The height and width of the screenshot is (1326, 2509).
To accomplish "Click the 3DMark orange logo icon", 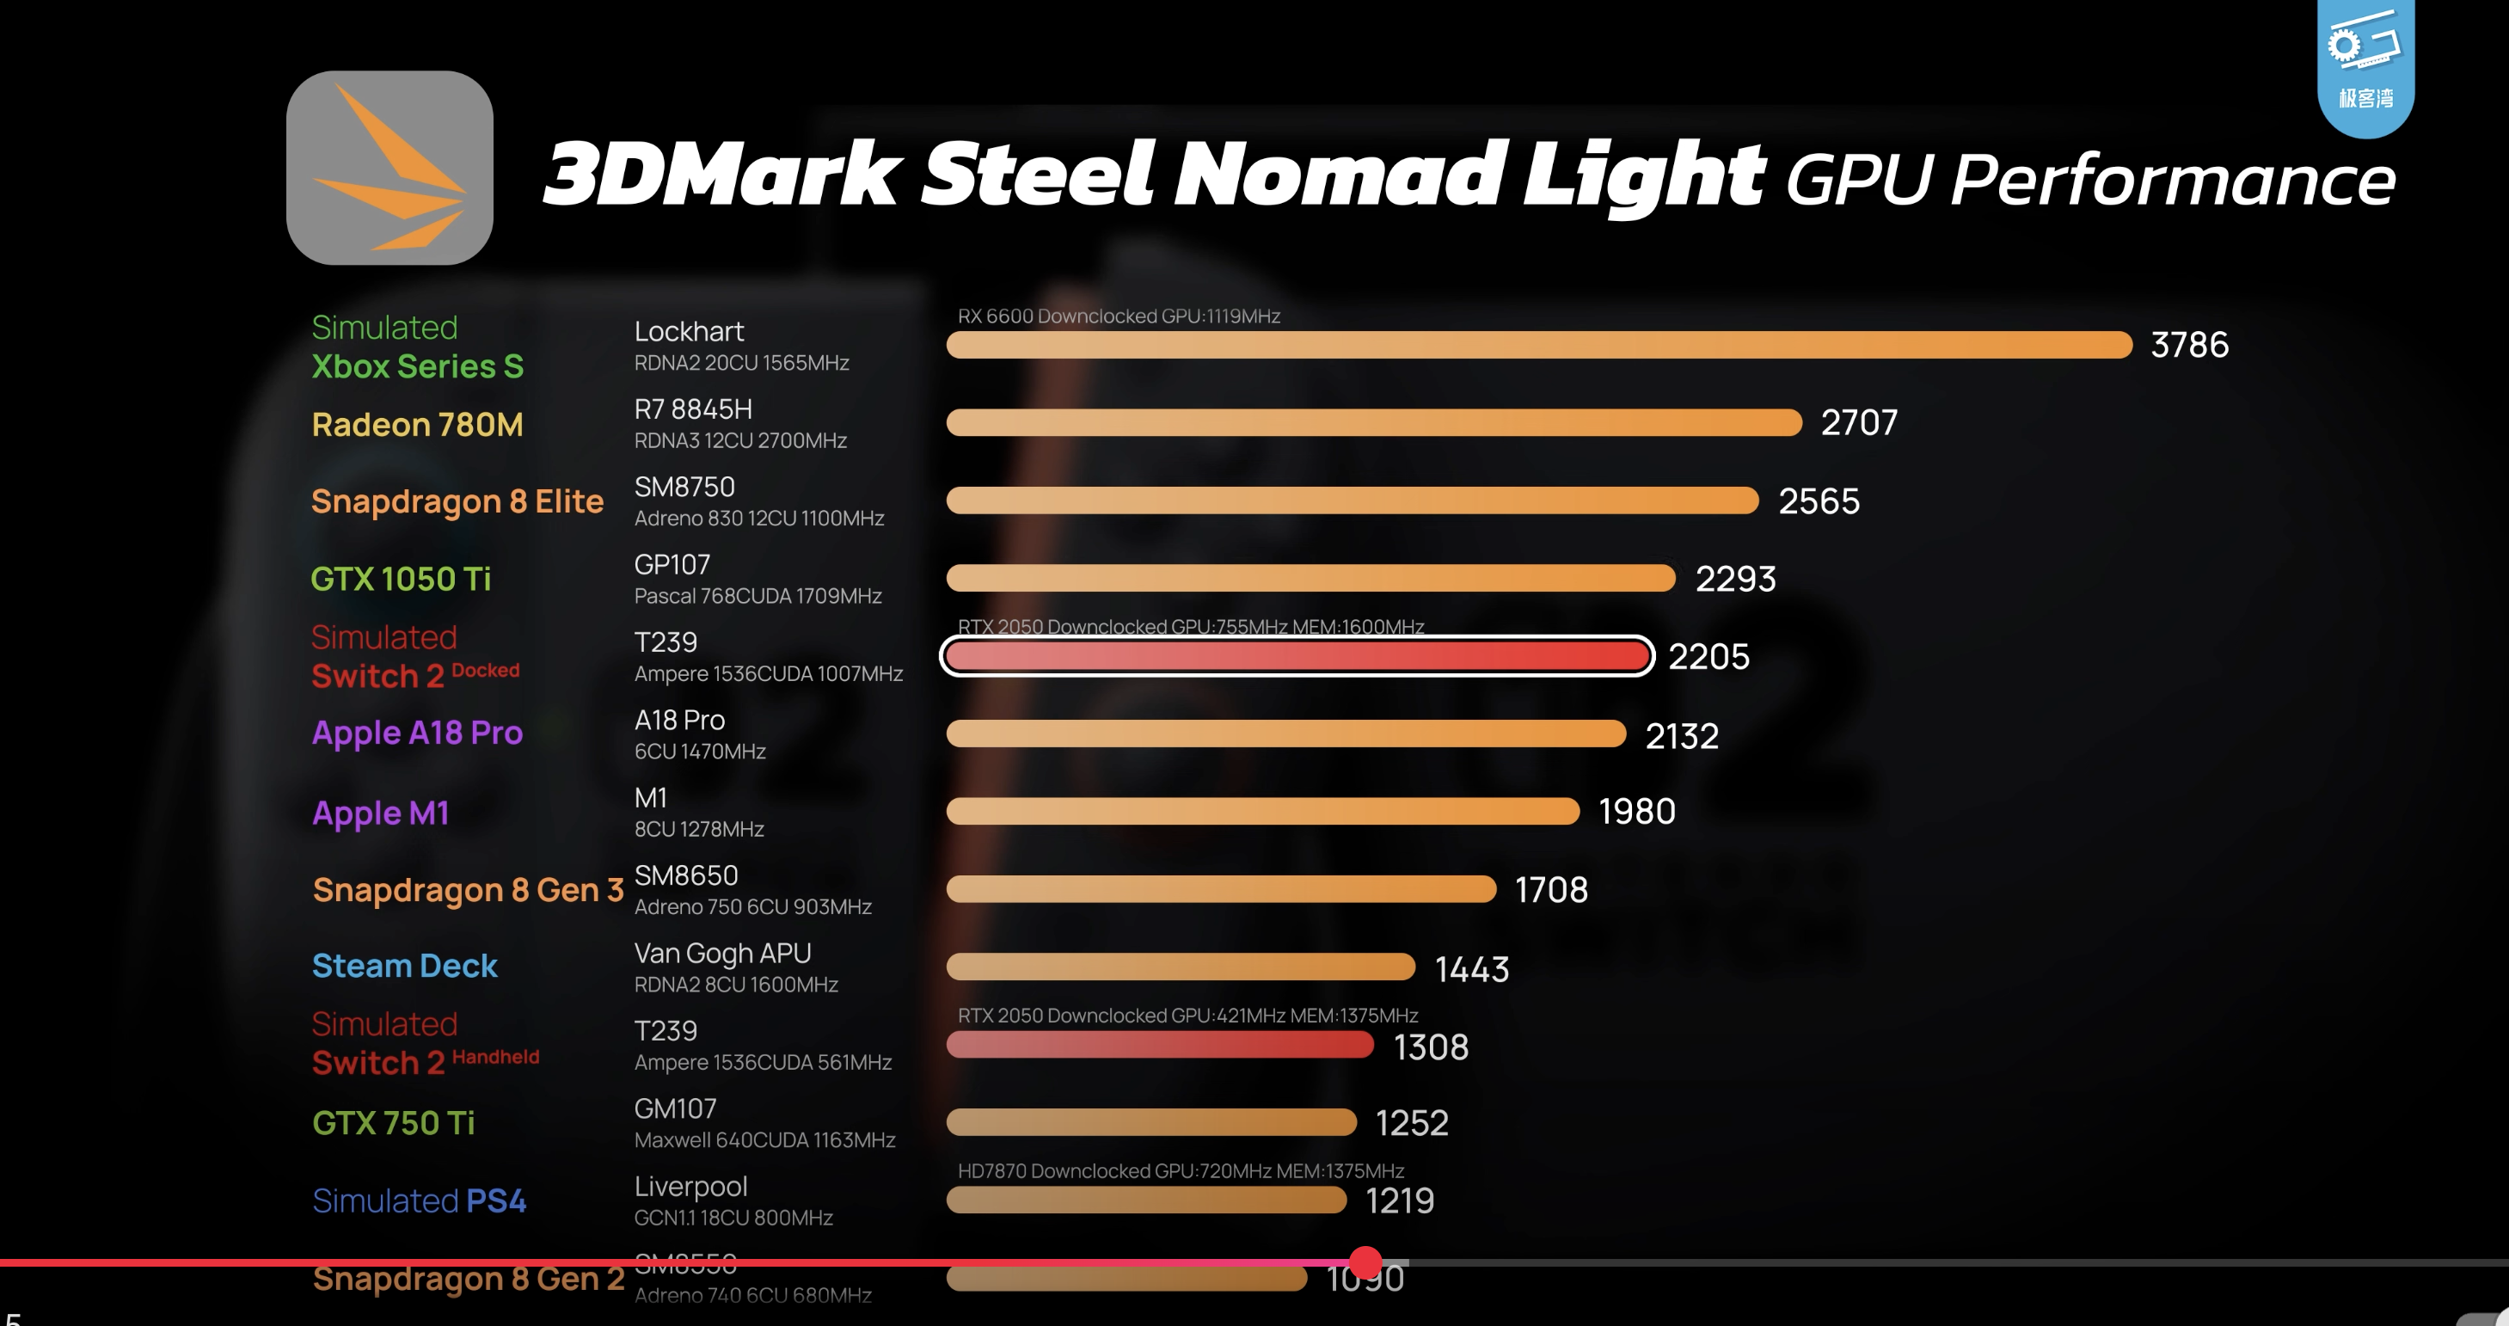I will click(390, 168).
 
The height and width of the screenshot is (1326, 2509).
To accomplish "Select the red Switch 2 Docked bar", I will click(1297, 657).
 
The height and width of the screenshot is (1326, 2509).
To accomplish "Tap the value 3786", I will click(2188, 345).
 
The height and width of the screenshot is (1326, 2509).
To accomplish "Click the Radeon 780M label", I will click(417, 425).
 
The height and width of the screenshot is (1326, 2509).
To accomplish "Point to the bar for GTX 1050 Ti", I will click(1310, 579).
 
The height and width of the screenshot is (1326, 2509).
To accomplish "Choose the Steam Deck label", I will click(404, 966).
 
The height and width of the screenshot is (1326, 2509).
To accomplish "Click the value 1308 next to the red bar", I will click(1431, 1047).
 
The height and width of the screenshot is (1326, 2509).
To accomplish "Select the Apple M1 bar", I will click(1262, 812).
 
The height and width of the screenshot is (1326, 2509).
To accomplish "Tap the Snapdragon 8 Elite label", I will click(457, 501).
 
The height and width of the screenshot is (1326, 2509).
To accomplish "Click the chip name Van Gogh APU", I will click(721, 953).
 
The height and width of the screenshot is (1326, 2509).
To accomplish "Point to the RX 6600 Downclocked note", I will click(1118, 316).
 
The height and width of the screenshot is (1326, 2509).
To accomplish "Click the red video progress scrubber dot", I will click(1365, 1262).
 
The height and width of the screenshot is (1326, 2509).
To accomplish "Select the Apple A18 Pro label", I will click(417, 733).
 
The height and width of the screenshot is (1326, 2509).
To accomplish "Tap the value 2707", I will click(1858, 423).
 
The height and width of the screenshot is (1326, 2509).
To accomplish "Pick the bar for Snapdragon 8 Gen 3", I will click(1220, 888).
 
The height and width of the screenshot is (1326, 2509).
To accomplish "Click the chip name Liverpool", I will click(690, 1187).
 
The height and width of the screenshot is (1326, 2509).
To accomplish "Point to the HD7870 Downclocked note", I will click(1181, 1170).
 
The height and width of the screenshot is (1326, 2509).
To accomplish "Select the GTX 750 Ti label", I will click(394, 1123).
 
